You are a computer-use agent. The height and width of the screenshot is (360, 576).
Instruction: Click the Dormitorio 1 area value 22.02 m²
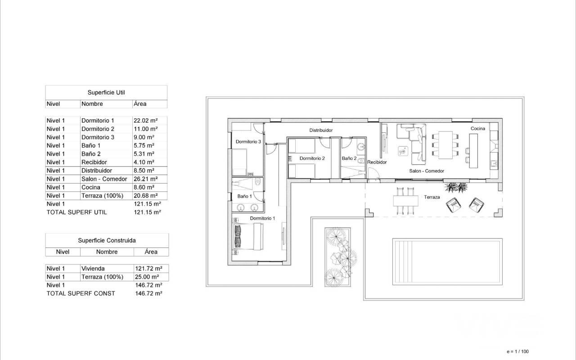tap(145, 120)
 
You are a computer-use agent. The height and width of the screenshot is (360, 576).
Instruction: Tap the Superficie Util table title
tap(106, 92)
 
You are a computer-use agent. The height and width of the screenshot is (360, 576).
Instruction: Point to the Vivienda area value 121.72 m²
tap(148, 269)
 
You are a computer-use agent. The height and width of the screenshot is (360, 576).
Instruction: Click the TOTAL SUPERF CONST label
tap(81, 293)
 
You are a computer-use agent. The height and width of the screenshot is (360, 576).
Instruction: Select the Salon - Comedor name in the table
tap(104, 179)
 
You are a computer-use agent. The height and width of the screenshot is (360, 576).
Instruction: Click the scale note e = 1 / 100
tap(517, 351)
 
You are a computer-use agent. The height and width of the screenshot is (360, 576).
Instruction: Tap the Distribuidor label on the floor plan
tap(321, 130)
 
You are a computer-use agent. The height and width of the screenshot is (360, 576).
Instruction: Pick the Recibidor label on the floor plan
tap(377, 162)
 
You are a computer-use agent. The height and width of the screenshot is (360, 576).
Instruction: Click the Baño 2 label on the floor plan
tap(349, 158)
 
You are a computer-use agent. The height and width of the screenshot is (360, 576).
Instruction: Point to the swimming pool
tap(447, 262)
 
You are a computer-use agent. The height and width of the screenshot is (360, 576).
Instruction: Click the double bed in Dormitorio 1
tap(248, 236)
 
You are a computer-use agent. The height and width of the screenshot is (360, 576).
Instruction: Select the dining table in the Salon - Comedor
tap(445, 145)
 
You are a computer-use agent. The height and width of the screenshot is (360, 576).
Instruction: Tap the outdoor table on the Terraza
tap(405, 201)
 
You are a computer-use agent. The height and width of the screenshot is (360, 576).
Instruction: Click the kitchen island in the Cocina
tap(473, 151)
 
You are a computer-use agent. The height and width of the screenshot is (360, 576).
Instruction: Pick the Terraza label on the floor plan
tap(432, 197)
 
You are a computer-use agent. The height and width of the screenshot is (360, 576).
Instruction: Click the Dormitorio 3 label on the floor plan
tap(248, 142)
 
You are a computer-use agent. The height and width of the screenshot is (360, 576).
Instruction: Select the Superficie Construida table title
tap(107, 240)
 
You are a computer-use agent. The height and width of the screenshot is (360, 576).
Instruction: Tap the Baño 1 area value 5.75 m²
tap(144, 145)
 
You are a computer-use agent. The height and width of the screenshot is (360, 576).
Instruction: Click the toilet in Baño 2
tap(361, 161)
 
